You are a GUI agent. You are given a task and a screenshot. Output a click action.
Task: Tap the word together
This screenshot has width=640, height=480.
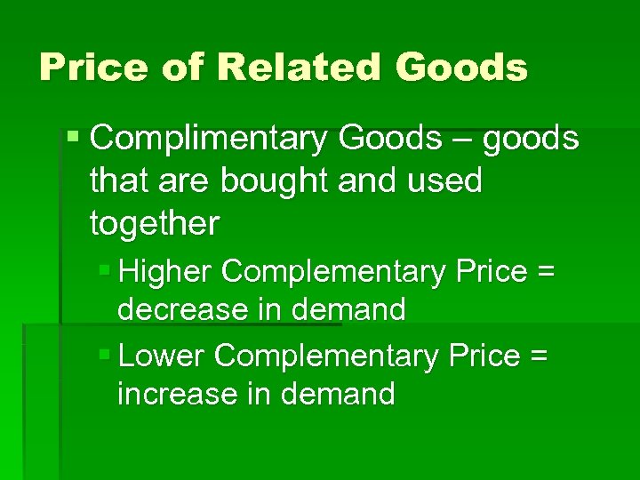(x=154, y=224)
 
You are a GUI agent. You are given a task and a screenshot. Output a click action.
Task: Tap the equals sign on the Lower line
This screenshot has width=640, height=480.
(x=539, y=356)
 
